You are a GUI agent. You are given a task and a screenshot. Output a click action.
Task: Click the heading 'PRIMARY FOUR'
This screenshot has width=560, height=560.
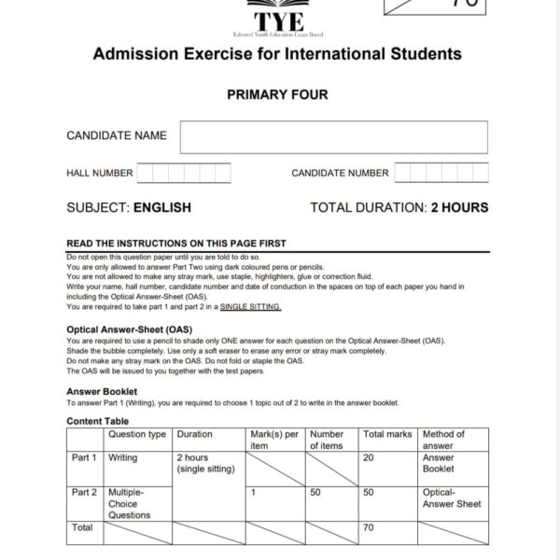(277, 94)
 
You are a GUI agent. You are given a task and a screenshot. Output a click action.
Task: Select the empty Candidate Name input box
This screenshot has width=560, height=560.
(333, 136)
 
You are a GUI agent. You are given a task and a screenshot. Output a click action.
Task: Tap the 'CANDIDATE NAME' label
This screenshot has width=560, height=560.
(117, 135)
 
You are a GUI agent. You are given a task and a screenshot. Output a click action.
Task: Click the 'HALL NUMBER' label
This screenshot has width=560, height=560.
(100, 173)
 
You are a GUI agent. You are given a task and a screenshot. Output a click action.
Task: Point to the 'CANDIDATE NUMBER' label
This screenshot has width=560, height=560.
(340, 173)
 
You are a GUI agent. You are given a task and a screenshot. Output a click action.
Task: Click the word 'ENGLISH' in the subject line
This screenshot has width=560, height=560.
(162, 207)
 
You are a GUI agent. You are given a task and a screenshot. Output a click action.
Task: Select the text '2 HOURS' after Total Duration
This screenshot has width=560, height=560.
(459, 207)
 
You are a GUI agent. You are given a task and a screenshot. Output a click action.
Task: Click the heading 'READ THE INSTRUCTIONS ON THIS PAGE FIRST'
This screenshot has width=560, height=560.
(176, 244)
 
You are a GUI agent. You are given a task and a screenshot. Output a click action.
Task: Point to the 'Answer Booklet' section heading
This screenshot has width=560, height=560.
(102, 391)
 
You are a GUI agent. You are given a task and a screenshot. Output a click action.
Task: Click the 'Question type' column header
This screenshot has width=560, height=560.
(137, 434)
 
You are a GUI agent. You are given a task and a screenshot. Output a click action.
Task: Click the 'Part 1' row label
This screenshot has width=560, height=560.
(84, 458)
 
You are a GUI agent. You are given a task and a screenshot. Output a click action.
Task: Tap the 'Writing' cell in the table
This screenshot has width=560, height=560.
(123, 458)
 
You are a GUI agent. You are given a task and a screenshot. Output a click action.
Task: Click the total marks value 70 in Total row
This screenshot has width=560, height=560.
(369, 527)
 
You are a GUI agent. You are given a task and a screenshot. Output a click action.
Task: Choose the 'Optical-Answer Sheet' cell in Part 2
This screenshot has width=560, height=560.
(452, 497)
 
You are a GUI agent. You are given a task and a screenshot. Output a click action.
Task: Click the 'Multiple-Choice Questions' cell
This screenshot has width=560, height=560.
(130, 503)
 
